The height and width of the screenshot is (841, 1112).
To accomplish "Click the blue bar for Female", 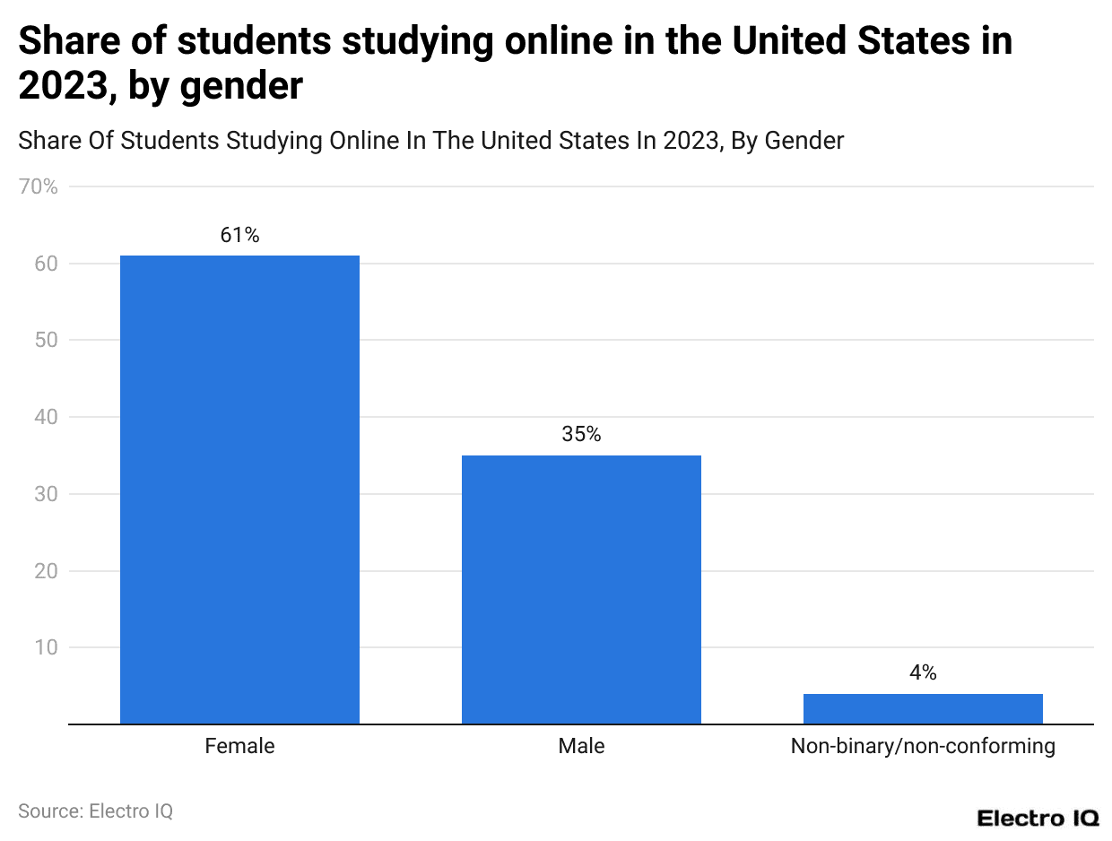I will click(x=239, y=490).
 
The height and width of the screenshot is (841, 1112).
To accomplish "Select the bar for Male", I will click(x=581, y=589).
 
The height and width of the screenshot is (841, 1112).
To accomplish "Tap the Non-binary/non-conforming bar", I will click(x=923, y=708).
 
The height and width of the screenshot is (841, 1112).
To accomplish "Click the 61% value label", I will click(x=239, y=235).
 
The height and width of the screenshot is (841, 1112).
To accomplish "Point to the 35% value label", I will click(x=581, y=435).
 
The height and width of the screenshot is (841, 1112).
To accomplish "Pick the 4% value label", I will click(x=923, y=672).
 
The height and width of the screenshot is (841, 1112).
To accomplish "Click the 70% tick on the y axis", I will click(x=39, y=187).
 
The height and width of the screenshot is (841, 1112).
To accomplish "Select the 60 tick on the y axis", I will click(x=47, y=264).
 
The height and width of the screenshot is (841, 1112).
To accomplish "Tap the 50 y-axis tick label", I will click(x=47, y=341).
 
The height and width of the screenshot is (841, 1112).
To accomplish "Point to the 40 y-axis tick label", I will click(x=47, y=417).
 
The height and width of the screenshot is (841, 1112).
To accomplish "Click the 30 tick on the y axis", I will click(x=47, y=494).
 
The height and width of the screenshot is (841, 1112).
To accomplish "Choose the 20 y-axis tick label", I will click(x=47, y=571).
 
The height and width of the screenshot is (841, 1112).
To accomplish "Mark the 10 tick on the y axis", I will click(x=47, y=647).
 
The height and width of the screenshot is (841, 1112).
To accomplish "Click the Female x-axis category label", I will click(x=239, y=746).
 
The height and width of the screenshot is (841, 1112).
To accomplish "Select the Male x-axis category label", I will click(x=581, y=746).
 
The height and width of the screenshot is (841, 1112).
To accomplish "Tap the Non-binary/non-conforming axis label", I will click(x=923, y=746).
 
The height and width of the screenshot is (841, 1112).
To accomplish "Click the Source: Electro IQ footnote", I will click(x=95, y=811).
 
